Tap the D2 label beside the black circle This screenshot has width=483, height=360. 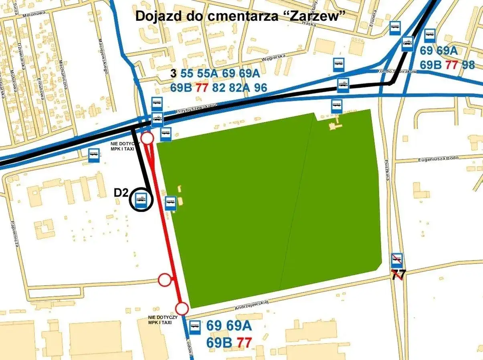click(121, 193)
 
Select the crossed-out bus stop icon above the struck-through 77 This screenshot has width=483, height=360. click(397, 261)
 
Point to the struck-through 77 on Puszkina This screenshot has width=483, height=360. click(398, 275)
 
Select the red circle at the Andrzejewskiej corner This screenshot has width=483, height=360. click(182, 309)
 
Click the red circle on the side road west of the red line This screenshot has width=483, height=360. click(165, 280)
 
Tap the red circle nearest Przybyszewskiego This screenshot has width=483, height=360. click(148, 139)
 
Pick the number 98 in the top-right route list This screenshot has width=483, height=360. click(468, 65)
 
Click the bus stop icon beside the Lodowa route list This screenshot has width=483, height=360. click(195, 327)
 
